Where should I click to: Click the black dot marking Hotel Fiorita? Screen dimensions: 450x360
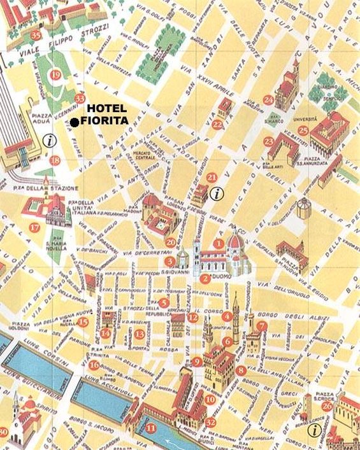[75, 122]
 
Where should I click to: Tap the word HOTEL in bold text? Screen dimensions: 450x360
[106, 108]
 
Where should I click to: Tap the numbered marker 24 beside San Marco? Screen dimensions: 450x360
[268, 100]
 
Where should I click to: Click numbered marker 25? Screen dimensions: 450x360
[303, 130]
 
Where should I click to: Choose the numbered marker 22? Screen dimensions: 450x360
[218, 124]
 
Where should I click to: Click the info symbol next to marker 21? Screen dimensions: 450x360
[217, 194]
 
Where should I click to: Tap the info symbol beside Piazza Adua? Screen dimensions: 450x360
[47, 139]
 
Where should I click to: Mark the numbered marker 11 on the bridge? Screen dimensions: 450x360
[150, 428]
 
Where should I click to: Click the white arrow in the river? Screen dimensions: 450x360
[171, 442]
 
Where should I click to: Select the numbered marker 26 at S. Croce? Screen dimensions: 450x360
[327, 405]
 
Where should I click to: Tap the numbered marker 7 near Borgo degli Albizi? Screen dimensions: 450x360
[261, 326]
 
